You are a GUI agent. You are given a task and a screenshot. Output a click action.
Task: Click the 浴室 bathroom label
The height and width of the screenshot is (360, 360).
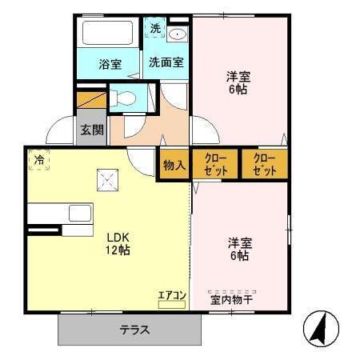pos(110,65)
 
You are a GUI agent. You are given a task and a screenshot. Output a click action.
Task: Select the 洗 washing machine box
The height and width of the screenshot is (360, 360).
pos(156,28)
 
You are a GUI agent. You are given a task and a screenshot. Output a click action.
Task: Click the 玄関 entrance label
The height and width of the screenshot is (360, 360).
pos(91,129)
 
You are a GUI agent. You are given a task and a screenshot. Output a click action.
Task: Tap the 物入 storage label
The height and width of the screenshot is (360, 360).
pos(174,164)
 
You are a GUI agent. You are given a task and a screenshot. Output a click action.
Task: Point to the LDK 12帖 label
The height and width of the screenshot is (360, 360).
pos(118,243)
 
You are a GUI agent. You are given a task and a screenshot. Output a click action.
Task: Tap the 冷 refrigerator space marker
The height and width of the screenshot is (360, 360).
pos(38,159)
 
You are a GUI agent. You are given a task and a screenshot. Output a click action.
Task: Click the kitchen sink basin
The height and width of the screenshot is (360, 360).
pos(80,213)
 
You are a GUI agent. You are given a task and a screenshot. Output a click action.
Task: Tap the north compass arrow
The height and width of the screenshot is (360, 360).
pos(320,328)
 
